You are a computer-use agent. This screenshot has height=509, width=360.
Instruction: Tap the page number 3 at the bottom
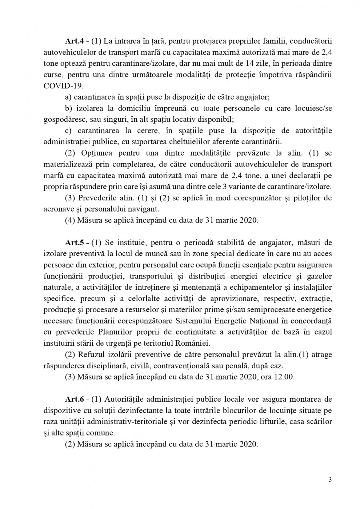pyautogui.click(x=330, y=480)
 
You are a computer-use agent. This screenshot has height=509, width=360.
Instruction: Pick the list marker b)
pyautogui.click(x=68, y=108)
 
